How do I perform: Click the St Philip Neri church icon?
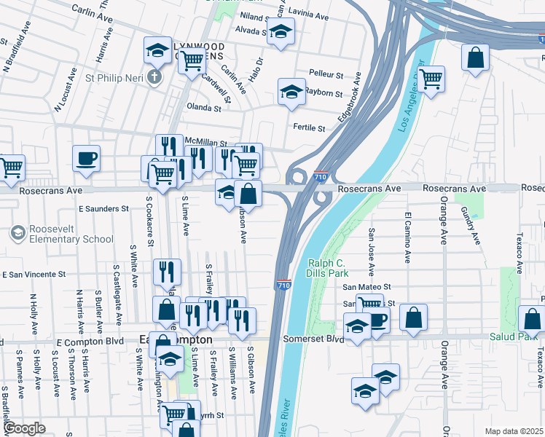(x=154, y=77)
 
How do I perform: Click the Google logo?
(x=23, y=428)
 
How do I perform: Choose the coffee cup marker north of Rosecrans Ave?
(x=86, y=158)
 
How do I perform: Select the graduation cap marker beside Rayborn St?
(x=291, y=92)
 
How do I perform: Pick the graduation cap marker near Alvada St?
(x=280, y=31)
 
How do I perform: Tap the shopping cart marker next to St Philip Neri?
(x=192, y=63)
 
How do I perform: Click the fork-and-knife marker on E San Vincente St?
(x=167, y=272)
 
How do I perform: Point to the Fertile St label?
(x=309, y=127)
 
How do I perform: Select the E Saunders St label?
(x=103, y=209)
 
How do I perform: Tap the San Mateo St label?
(x=367, y=287)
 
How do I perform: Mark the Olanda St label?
(x=204, y=107)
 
